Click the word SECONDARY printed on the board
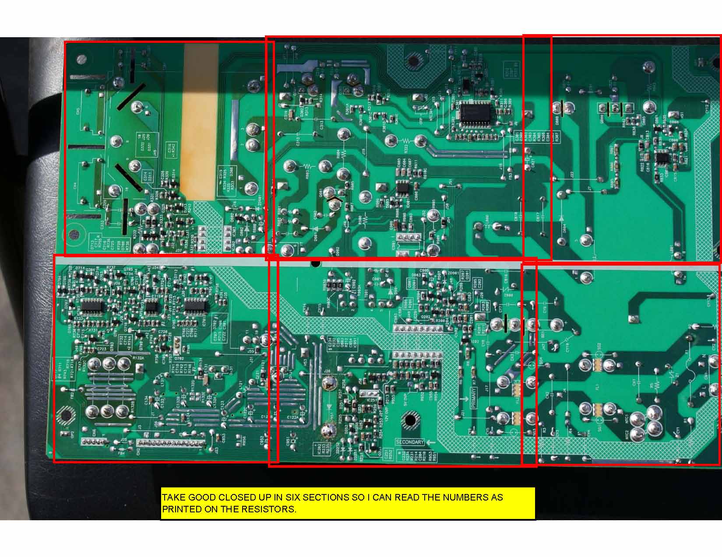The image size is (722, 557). [410, 442]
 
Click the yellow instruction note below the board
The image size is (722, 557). [348, 503]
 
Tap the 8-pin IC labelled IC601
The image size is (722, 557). [402, 187]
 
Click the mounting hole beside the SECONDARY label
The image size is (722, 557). [410, 420]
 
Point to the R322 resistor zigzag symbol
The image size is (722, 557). [406, 141]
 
